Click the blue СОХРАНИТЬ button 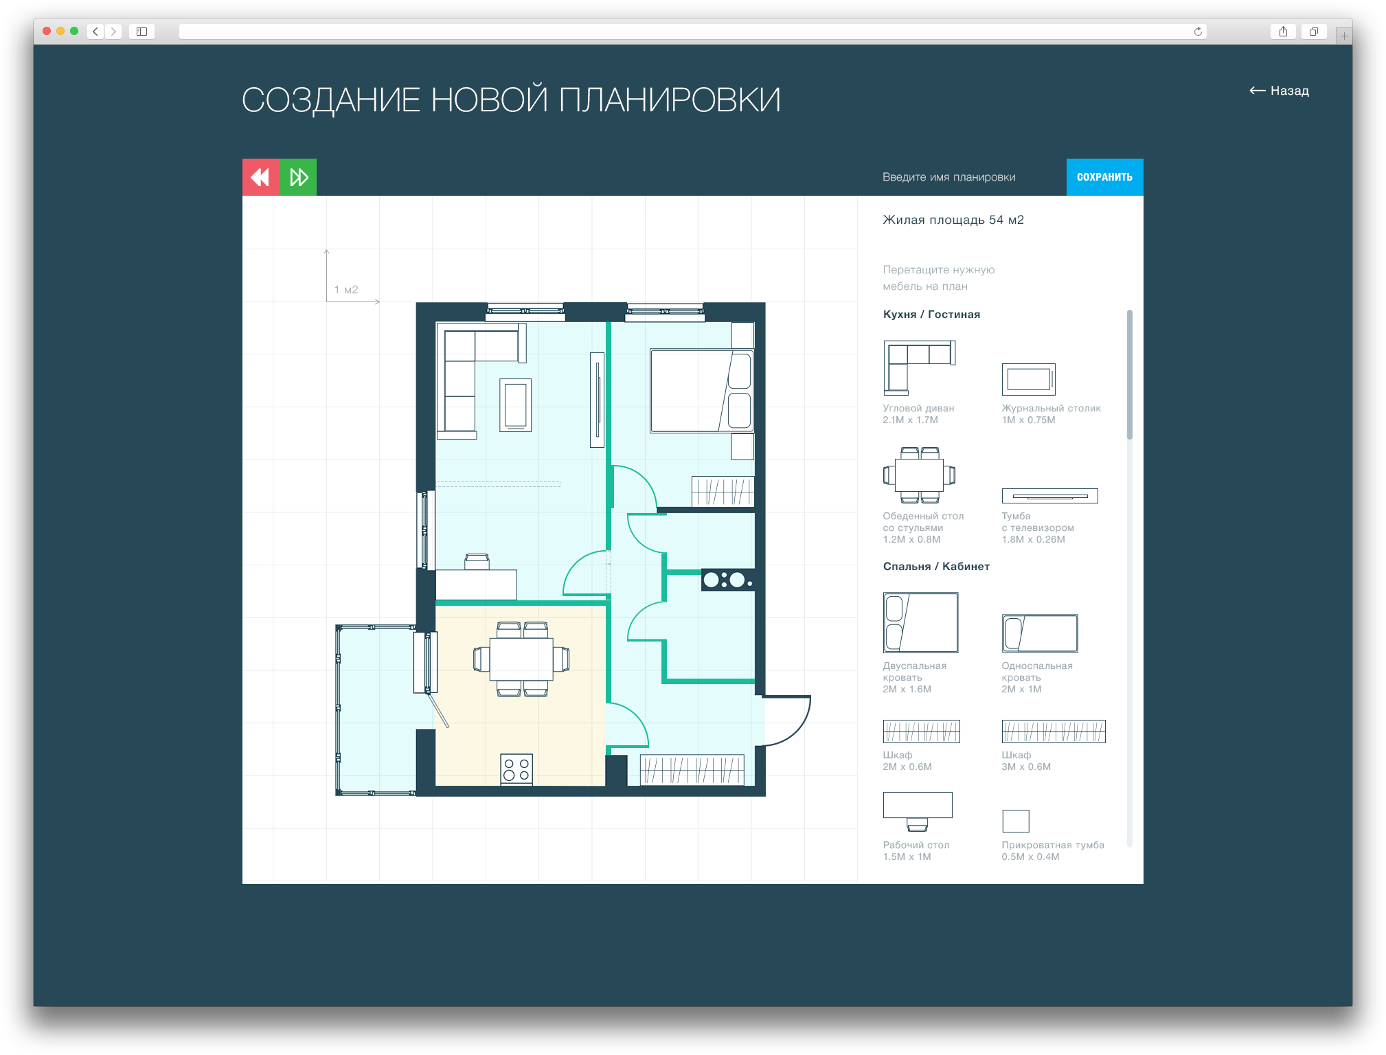(1104, 177)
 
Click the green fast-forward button (298, 177)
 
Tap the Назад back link (1279, 91)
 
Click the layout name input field (962, 177)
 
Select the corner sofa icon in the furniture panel (919, 367)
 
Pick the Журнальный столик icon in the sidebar (1028, 379)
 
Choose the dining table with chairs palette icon (919, 475)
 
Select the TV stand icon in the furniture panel (1049, 496)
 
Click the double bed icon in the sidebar (920, 622)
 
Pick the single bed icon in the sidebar (1040, 633)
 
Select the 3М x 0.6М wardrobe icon (1054, 731)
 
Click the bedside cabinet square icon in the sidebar (1016, 821)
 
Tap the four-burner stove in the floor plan (516, 769)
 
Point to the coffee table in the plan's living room (515, 405)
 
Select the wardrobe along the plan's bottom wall (692, 770)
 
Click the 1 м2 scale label (346, 290)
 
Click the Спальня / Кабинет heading (936, 567)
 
